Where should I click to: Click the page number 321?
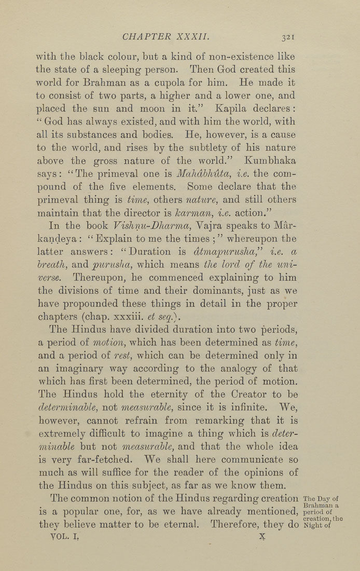click(x=288, y=37)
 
